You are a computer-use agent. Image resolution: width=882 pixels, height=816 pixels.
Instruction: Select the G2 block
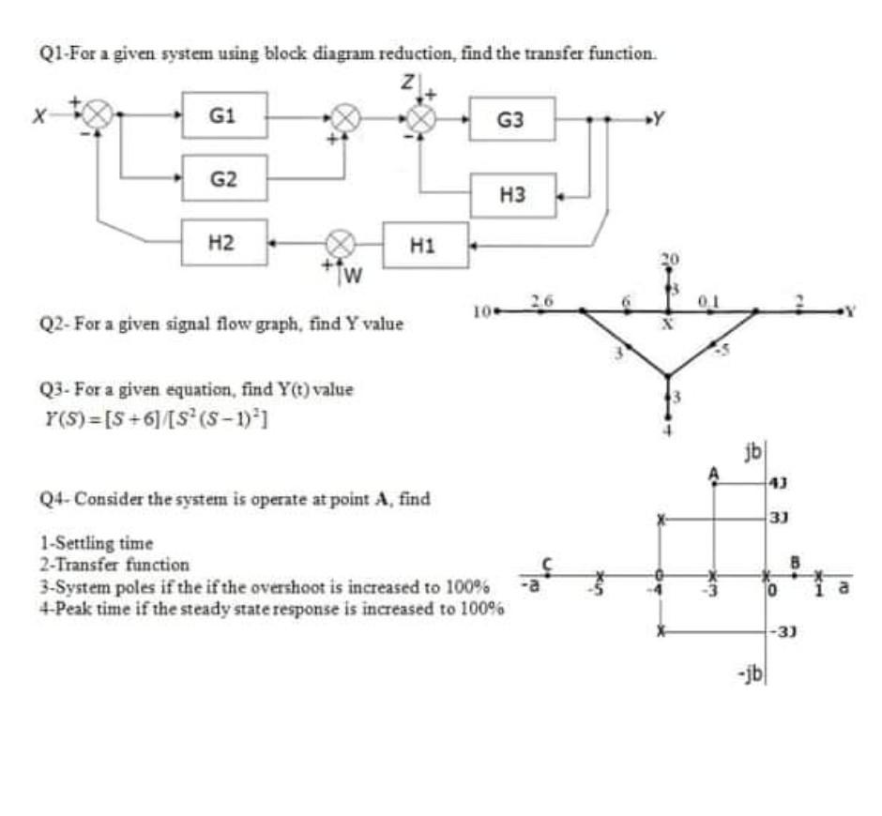point(224,177)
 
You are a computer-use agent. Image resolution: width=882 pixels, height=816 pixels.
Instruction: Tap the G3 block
point(511,119)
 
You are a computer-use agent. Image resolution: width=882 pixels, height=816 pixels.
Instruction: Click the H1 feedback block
point(425,246)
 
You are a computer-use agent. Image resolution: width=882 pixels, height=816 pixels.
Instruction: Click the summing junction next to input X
point(97,117)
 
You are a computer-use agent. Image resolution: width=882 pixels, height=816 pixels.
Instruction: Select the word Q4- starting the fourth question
point(53,498)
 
